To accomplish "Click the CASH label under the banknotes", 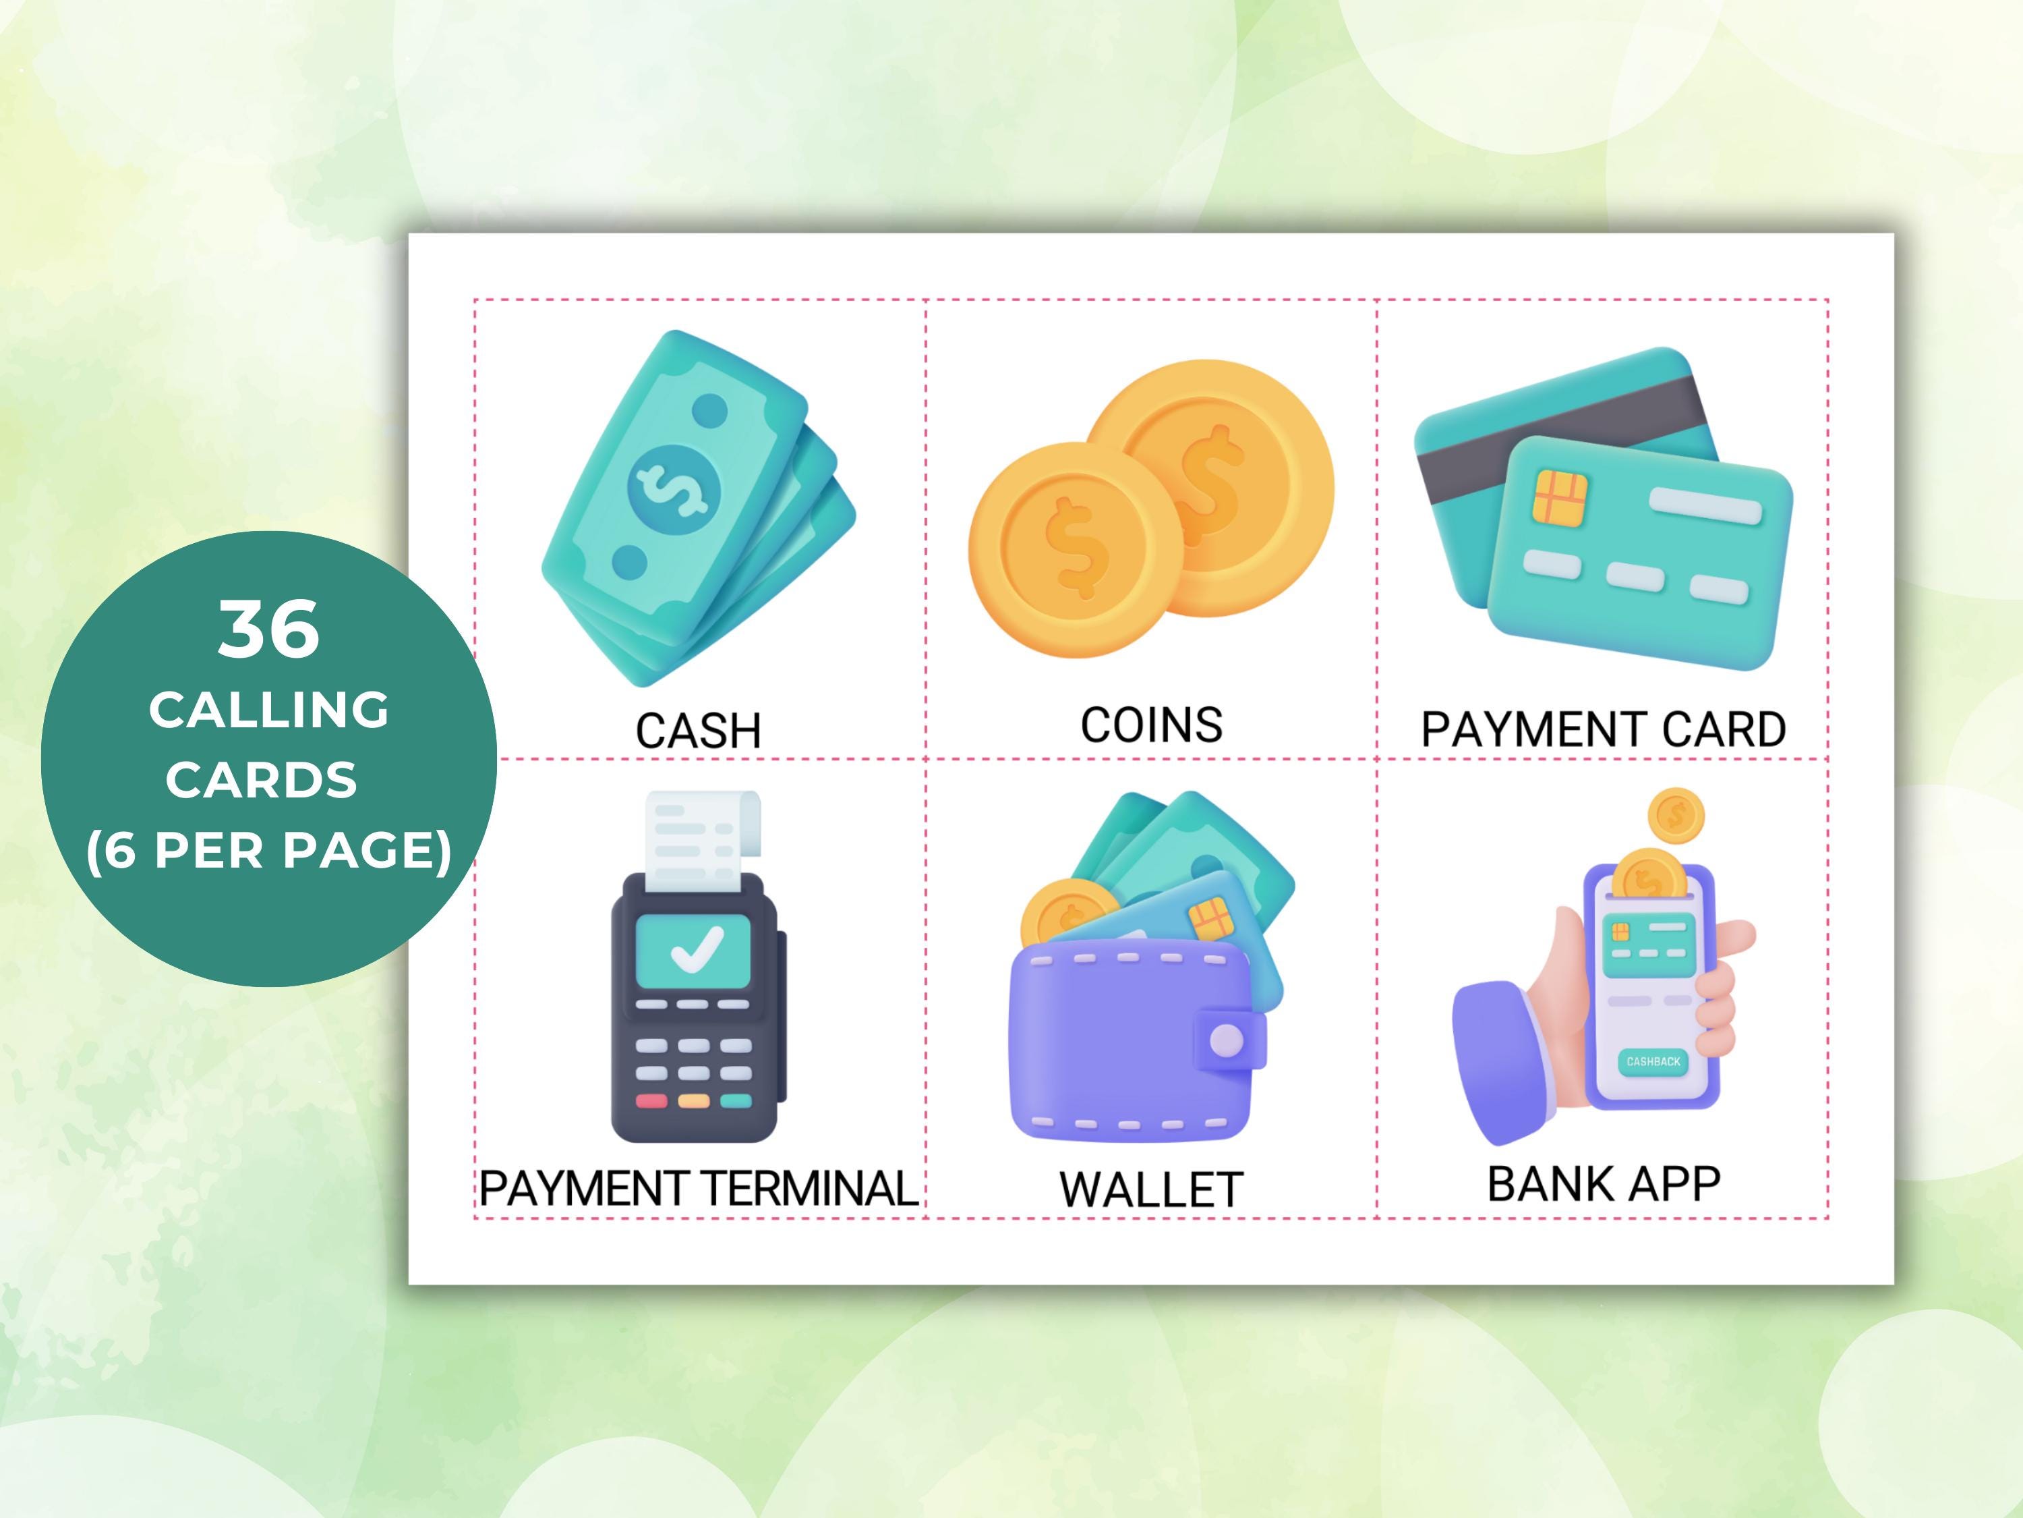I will click(x=698, y=731).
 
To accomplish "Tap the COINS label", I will click(x=1152, y=725).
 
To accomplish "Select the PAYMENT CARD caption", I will click(x=1603, y=729).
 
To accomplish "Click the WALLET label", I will click(x=1150, y=1190).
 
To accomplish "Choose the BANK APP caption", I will click(x=1603, y=1184).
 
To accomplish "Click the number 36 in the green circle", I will click(x=269, y=629).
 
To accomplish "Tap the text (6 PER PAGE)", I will click(x=269, y=850).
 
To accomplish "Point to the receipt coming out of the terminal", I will click(x=700, y=837).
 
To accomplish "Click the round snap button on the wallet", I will click(x=1227, y=1040).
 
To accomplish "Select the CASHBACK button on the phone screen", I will click(x=1653, y=1061).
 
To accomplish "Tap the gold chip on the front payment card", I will click(x=1560, y=498).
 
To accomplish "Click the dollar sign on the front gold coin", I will click(x=1076, y=549).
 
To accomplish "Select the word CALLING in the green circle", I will click(x=269, y=710).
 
